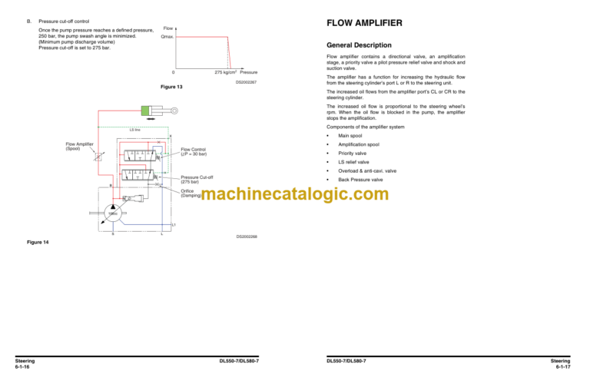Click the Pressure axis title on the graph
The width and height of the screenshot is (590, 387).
pyautogui.click(x=248, y=72)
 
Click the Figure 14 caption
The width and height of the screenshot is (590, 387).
pyautogui.click(x=36, y=243)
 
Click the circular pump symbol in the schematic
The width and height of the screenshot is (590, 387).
pyautogui.click(x=111, y=211)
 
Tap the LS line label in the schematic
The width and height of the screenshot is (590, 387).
pyautogui.click(x=134, y=131)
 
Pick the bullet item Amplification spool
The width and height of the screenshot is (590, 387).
pyautogui.click(x=361, y=144)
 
